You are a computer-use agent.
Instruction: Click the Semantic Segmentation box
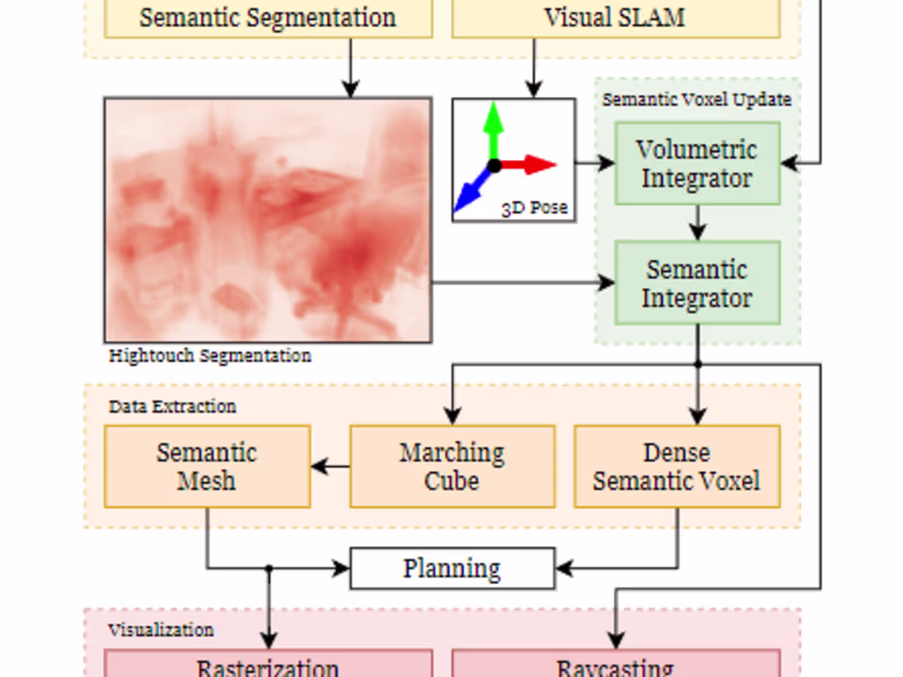(x=268, y=18)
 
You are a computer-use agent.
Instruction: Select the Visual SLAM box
(x=615, y=18)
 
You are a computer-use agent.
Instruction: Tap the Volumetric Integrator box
(x=697, y=163)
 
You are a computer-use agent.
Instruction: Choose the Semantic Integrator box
(x=697, y=283)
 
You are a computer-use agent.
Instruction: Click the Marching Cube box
(x=452, y=466)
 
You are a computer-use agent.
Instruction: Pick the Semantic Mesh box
(x=207, y=466)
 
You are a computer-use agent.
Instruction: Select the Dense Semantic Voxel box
(x=676, y=466)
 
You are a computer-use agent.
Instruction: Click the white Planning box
(x=452, y=569)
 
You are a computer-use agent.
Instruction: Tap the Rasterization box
(x=268, y=666)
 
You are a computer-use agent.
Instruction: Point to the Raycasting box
(x=615, y=666)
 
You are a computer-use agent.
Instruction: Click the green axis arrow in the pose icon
(x=493, y=127)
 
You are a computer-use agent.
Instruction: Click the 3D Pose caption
(x=534, y=208)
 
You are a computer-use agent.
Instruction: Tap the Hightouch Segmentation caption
(x=210, y=356)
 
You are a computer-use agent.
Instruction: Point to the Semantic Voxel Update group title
(x=697, y=99)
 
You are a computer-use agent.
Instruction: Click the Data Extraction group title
(x=172, y=406)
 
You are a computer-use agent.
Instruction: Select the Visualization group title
(x=161, y=630)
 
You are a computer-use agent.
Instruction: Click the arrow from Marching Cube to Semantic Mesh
(x=330, y=467)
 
